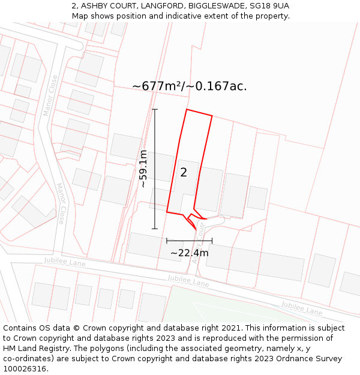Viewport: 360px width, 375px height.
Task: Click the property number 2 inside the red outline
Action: click(184, 173)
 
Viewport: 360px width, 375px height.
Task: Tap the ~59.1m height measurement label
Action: click(143, 169)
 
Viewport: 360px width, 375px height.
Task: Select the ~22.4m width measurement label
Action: click(190, 253)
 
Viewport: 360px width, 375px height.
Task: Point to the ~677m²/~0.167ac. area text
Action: click(190, 86)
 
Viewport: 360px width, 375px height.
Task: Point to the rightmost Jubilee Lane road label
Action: click(302, 308)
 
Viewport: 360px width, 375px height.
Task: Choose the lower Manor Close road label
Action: click(61, 203)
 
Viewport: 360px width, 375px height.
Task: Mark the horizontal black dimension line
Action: click(189, 241)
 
